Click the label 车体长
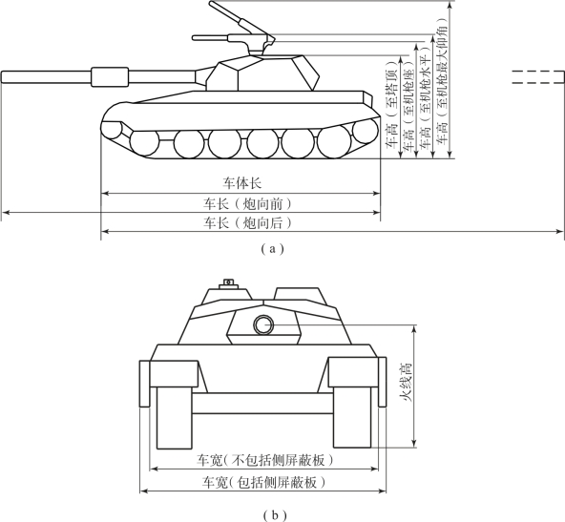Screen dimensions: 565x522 [x=241, y=183]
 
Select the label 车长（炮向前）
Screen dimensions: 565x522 [x=247, y=204]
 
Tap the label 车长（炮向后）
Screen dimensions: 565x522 [x=247, y=223]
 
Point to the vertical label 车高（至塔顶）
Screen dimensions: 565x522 [x=391, y=105]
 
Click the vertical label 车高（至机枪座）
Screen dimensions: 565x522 [x=408, y=104]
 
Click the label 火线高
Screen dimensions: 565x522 [x=405, y=383]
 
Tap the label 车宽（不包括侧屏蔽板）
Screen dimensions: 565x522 [x=265, y=460]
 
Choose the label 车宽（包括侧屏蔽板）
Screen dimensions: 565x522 [x=263, y=482]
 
